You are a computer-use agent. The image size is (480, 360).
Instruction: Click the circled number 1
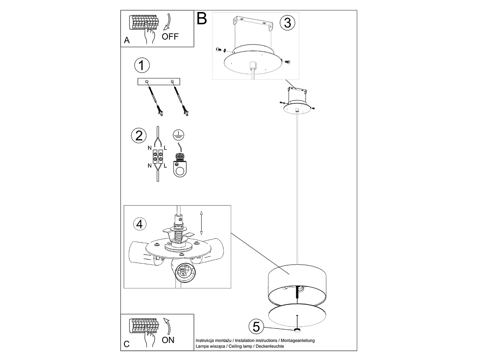142,66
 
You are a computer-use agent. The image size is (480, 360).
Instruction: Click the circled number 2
139,135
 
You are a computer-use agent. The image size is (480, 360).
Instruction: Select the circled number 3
287,23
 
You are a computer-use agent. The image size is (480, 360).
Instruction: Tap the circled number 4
139,224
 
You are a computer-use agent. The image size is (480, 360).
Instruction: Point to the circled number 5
256,327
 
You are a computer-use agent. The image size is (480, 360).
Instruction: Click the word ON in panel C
168,340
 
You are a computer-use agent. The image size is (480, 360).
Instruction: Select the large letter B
202,18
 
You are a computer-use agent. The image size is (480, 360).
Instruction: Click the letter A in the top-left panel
127,40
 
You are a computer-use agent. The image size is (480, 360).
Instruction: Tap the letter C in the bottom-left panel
127,344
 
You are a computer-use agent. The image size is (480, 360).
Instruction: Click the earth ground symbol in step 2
178,134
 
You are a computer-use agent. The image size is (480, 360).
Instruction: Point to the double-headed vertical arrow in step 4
201,223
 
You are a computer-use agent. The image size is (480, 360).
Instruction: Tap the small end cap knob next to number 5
297,330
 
